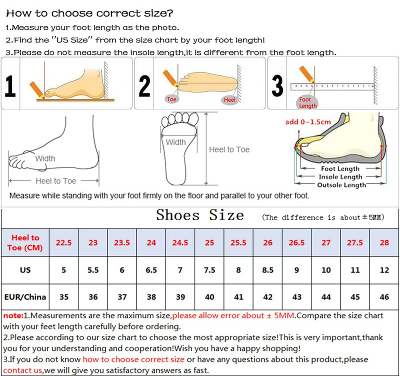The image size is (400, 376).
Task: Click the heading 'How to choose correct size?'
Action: click(90, 13)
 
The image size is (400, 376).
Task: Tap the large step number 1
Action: click(10, 85)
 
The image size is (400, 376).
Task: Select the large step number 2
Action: click(144, 85)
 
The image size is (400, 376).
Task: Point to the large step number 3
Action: click(277, 85)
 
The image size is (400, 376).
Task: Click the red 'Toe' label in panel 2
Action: click(171, 99)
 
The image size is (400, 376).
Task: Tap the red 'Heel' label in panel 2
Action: click(229, 100)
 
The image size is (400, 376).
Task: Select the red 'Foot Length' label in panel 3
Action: click(307, 103)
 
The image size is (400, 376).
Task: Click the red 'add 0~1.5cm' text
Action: click(308, 122)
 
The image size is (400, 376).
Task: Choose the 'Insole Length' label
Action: click(340, 177)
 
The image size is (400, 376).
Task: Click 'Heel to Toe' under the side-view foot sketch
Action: click(55, 181)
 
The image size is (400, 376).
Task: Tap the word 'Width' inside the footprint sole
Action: click(175, 142)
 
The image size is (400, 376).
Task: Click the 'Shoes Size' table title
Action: click(200, 215)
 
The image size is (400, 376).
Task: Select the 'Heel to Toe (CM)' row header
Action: click(25, 242)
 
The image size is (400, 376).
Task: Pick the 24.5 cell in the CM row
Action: click(180, 242)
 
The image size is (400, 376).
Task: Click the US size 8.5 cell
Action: click(268, 270)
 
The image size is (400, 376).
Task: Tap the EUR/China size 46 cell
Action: click(384, 296)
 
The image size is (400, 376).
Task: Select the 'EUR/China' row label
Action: click(25, 296)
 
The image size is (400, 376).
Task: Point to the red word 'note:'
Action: click(12, 316)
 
